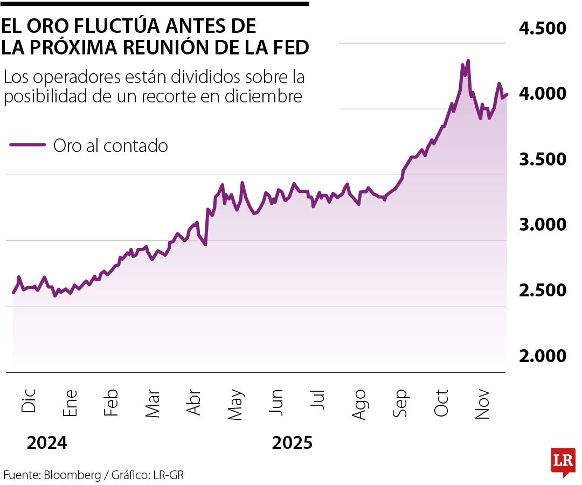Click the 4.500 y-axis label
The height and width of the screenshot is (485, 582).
543,28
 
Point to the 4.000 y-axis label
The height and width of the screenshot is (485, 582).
543,94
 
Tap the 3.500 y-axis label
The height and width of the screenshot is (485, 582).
543,160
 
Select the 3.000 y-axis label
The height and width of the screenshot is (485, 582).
543,225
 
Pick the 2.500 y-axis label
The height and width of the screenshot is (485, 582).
543,290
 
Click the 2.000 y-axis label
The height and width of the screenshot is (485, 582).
543,356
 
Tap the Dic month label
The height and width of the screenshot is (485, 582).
29,401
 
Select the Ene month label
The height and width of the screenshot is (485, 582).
70,403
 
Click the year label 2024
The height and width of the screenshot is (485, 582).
47,444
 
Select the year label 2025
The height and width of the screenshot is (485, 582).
292,444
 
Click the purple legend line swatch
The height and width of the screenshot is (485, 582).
27,144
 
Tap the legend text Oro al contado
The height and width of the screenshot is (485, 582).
110,145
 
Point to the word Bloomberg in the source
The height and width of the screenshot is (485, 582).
73,475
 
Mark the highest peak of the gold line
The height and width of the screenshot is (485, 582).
468,61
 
